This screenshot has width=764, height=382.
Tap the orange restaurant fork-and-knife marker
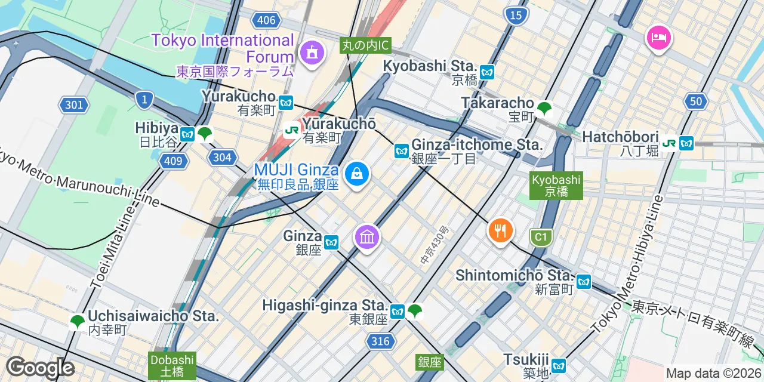tap(500, 230)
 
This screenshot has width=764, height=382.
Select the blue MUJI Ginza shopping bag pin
tap(357, 174)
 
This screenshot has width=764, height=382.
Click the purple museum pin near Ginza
tap(367, 237)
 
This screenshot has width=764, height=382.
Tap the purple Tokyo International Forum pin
tap(311, 53)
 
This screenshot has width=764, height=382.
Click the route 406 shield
tap(266, 20)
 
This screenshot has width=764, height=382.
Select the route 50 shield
tap(696, 101)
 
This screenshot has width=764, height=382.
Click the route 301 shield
tap(74, 106)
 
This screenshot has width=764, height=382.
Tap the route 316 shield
tap(379, 341)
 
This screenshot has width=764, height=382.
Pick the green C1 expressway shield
tap(540, 238)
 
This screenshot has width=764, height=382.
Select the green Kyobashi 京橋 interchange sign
tap(556, 186)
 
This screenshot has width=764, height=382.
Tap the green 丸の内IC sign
tap(365, 45)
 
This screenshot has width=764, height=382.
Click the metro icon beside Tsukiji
tap(558, 365)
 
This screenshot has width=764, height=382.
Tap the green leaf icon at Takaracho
tap(544, 109)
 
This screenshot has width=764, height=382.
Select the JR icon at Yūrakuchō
tap(292, 130)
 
